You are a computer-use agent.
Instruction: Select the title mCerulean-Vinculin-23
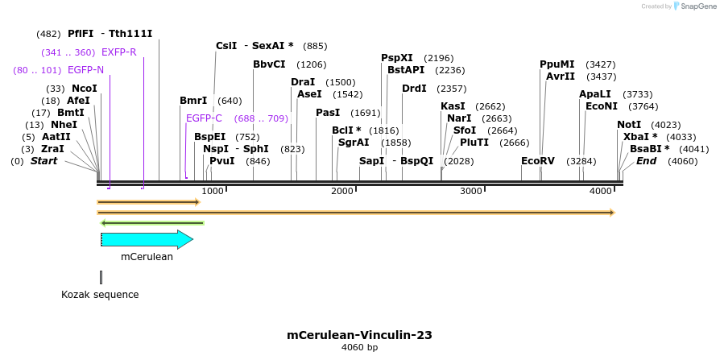click(x=359, y=335)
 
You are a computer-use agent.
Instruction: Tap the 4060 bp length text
click(x=359, y=348)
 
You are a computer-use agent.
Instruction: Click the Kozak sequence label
click(x=100, y=295)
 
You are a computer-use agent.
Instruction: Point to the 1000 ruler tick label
click(x=213, y=191)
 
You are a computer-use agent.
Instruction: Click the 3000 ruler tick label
click(x=471, y=191)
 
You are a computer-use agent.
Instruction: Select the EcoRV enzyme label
click(x=537, y=161)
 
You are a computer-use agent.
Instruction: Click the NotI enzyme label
click(x=629, y=125)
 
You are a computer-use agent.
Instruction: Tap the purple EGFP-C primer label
click(x=204, y=118)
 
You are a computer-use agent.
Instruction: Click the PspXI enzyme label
click(x=396, y=58)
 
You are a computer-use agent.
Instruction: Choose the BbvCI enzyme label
click(x=269, y=64)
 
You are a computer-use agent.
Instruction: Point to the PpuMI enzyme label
click(x=557, y=64)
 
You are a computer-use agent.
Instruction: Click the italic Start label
click(x=44, y=161)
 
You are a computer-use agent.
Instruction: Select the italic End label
click(x=646, y=161)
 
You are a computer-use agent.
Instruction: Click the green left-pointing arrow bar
click(x=151, y=223)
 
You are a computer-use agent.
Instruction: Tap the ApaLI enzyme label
click(x=595, y=94)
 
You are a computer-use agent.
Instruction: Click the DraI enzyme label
click(x=303, y=82)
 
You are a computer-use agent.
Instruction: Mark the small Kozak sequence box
click(x=101, y=277)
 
